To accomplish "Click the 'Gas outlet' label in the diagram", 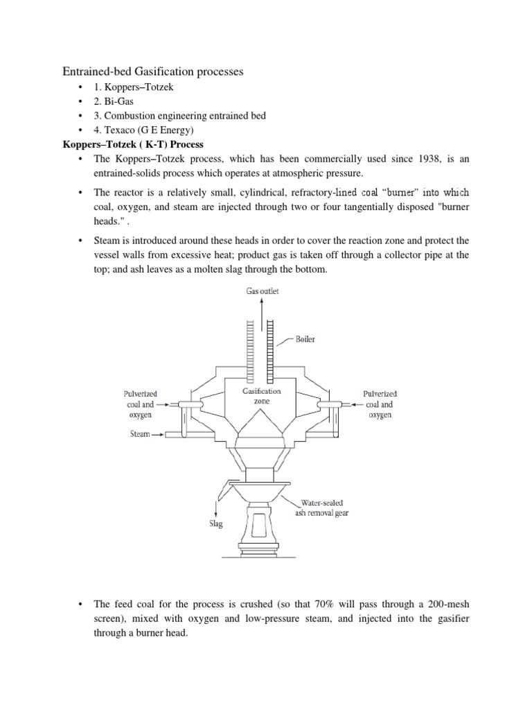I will pyautogui.click(x=263, y=292).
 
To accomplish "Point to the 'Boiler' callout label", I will pyautogui.click(x=305, y=340).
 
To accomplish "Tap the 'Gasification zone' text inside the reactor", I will pyautogui.click(x=261, y=396).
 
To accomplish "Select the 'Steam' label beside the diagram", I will pyautogui.click(x=140, y=434).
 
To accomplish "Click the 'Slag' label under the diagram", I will pyautogui.click(x=216, y=524).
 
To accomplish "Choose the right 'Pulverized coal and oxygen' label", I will pyautogui.click(x=380, y=404).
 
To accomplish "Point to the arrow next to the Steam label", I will pyautogui.click(x=158, y=434).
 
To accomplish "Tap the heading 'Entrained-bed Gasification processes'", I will pyautogui.click(x=153, y=72).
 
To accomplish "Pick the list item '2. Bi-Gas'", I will pyautogui.click(x=114, y=101).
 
